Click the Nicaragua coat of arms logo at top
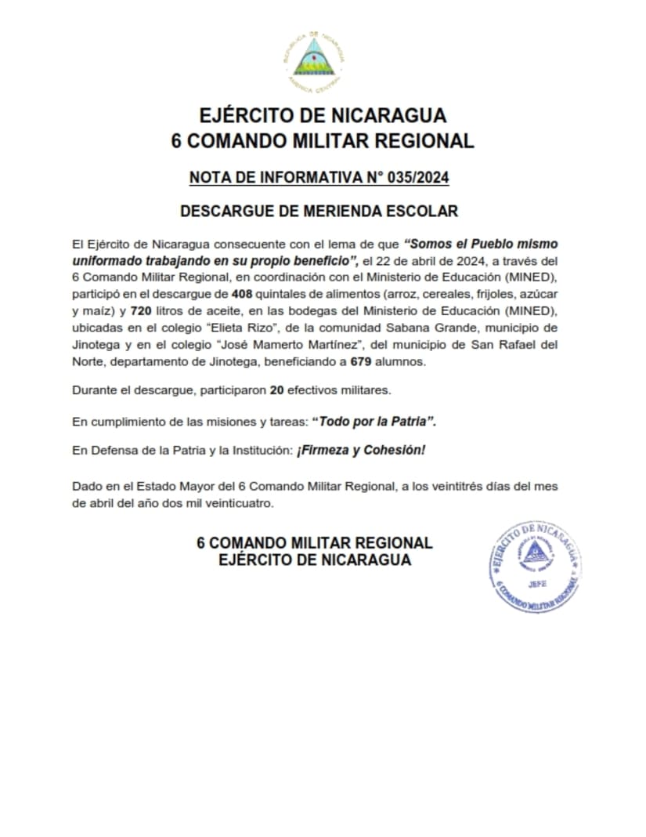pyautogui.click(x=313, y=61)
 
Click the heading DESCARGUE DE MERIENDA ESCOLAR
pyautogui.click(x=319, y=211)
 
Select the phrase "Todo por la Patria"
pyautogui.click(x=374, y=422)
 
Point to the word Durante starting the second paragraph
pyautogui.click(x=95, y=390)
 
